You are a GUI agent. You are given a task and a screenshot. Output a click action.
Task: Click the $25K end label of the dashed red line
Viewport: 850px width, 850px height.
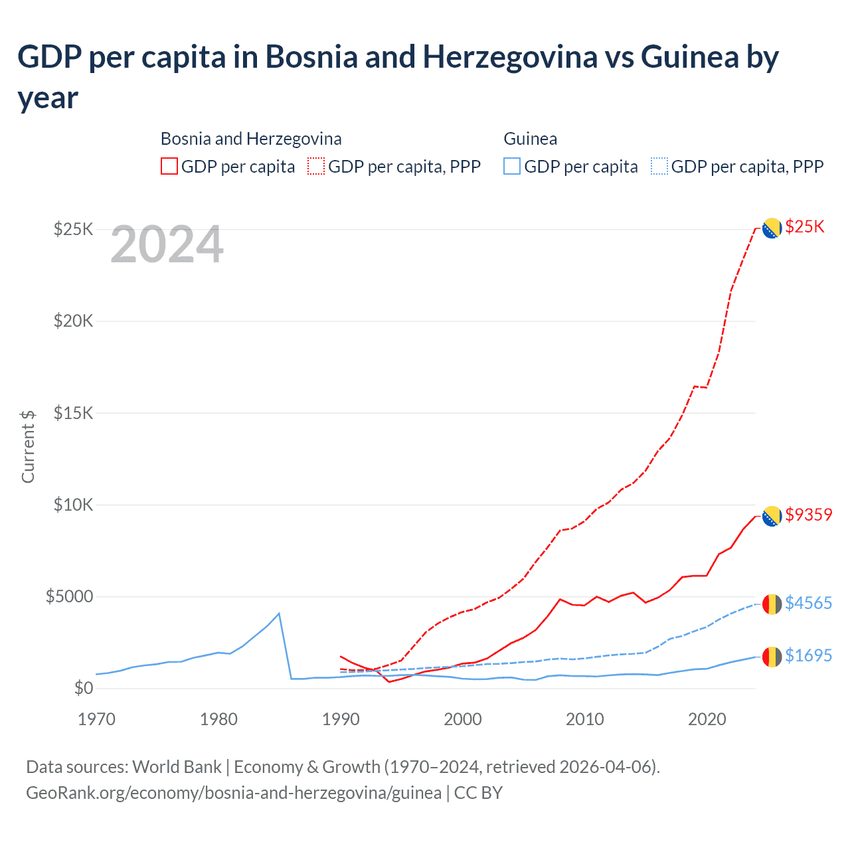point(804,227)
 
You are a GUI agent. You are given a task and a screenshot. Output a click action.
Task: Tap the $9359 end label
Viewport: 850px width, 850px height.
point(808,515)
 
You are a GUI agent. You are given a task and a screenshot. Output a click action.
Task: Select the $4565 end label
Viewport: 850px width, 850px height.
point(808,603)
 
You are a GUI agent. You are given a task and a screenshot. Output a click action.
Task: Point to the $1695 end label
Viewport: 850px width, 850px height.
point(808,655)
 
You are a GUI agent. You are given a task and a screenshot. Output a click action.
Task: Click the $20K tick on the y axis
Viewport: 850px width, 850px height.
point(74,321)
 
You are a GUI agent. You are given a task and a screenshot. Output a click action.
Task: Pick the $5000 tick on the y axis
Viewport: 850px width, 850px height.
point(69,596)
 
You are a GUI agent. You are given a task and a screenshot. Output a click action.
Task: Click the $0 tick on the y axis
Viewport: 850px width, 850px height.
point(83,688)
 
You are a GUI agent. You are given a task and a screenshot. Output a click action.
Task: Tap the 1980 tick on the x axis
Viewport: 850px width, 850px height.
point(218,719)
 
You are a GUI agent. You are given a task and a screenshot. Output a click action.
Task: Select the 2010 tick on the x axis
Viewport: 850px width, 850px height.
point(584,719)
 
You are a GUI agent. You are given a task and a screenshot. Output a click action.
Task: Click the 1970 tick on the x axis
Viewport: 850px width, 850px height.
point(97,719)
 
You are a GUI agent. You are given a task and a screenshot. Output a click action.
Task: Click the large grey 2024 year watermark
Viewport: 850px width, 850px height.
point(167,245)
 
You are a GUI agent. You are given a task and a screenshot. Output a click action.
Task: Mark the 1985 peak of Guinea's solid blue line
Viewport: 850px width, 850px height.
point(279,613)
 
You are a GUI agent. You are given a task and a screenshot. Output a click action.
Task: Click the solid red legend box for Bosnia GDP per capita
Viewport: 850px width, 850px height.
point(169,166)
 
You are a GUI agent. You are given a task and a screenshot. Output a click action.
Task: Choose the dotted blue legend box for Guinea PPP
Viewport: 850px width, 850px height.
point(659,166)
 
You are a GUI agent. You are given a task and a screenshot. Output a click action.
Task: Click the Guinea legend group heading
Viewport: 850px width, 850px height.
point(530,139)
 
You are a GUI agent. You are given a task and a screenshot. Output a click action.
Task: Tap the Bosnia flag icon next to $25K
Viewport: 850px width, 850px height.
point(771,228)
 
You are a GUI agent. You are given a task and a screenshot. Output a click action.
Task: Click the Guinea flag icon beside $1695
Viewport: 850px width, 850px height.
point(771,657)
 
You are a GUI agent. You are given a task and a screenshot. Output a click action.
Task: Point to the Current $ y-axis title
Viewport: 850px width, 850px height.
point(28,446)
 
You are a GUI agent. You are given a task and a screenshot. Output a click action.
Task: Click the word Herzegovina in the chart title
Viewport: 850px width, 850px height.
point(510,57)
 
